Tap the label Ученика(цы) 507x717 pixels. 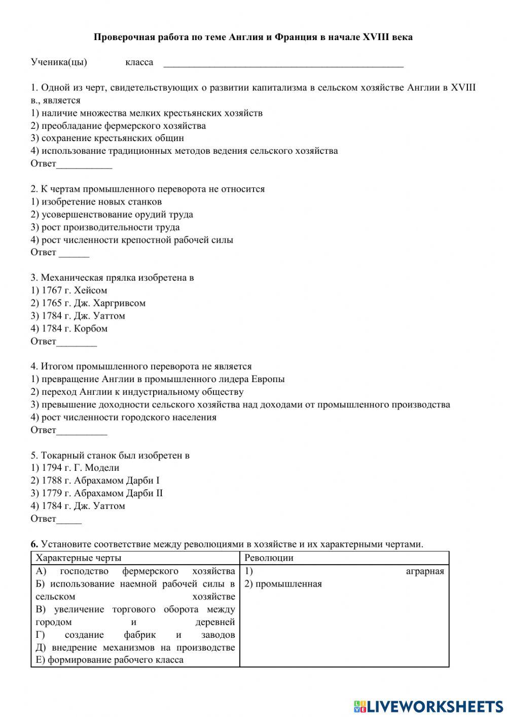click(59, 62)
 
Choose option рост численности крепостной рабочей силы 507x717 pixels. click(132, 240)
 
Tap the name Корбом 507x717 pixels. click(91, 329)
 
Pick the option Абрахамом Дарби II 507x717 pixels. click(118, 493)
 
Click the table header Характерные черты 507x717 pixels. click(79, 558)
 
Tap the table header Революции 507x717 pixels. click(269, 558)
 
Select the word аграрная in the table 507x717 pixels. click(425, 571)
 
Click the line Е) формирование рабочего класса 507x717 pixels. click(110, 660)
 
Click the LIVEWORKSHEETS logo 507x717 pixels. click(428, 706)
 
